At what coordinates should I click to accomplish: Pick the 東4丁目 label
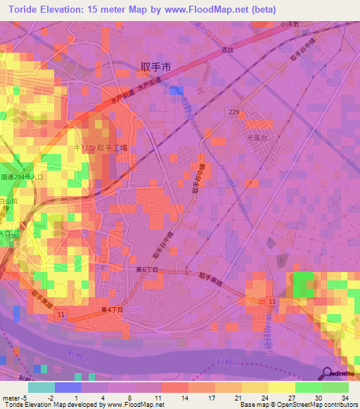click(112, 309)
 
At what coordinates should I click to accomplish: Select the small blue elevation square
click(176, 91)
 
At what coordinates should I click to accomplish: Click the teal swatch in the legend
click(41, 387)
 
